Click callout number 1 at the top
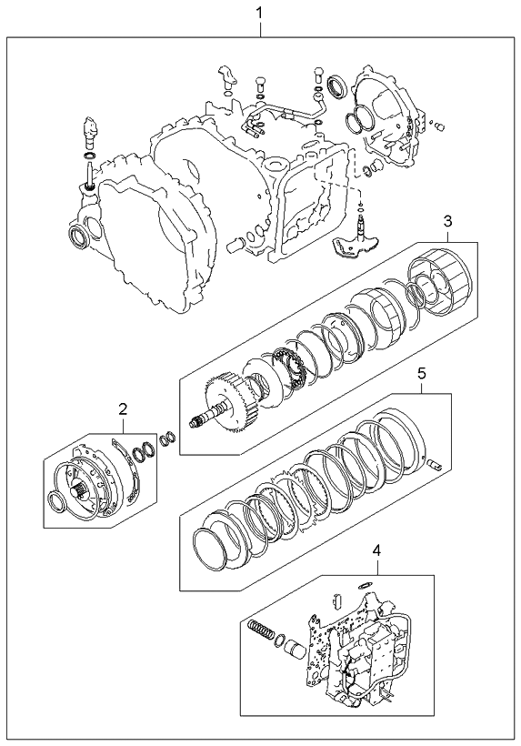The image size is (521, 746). [262, 13]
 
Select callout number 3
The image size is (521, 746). [446, 221]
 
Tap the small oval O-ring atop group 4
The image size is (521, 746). [366, 585]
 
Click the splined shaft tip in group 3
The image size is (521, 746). [198, 421]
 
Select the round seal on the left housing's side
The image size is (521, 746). [80, 239]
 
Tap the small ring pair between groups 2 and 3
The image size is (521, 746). [166, 439]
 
